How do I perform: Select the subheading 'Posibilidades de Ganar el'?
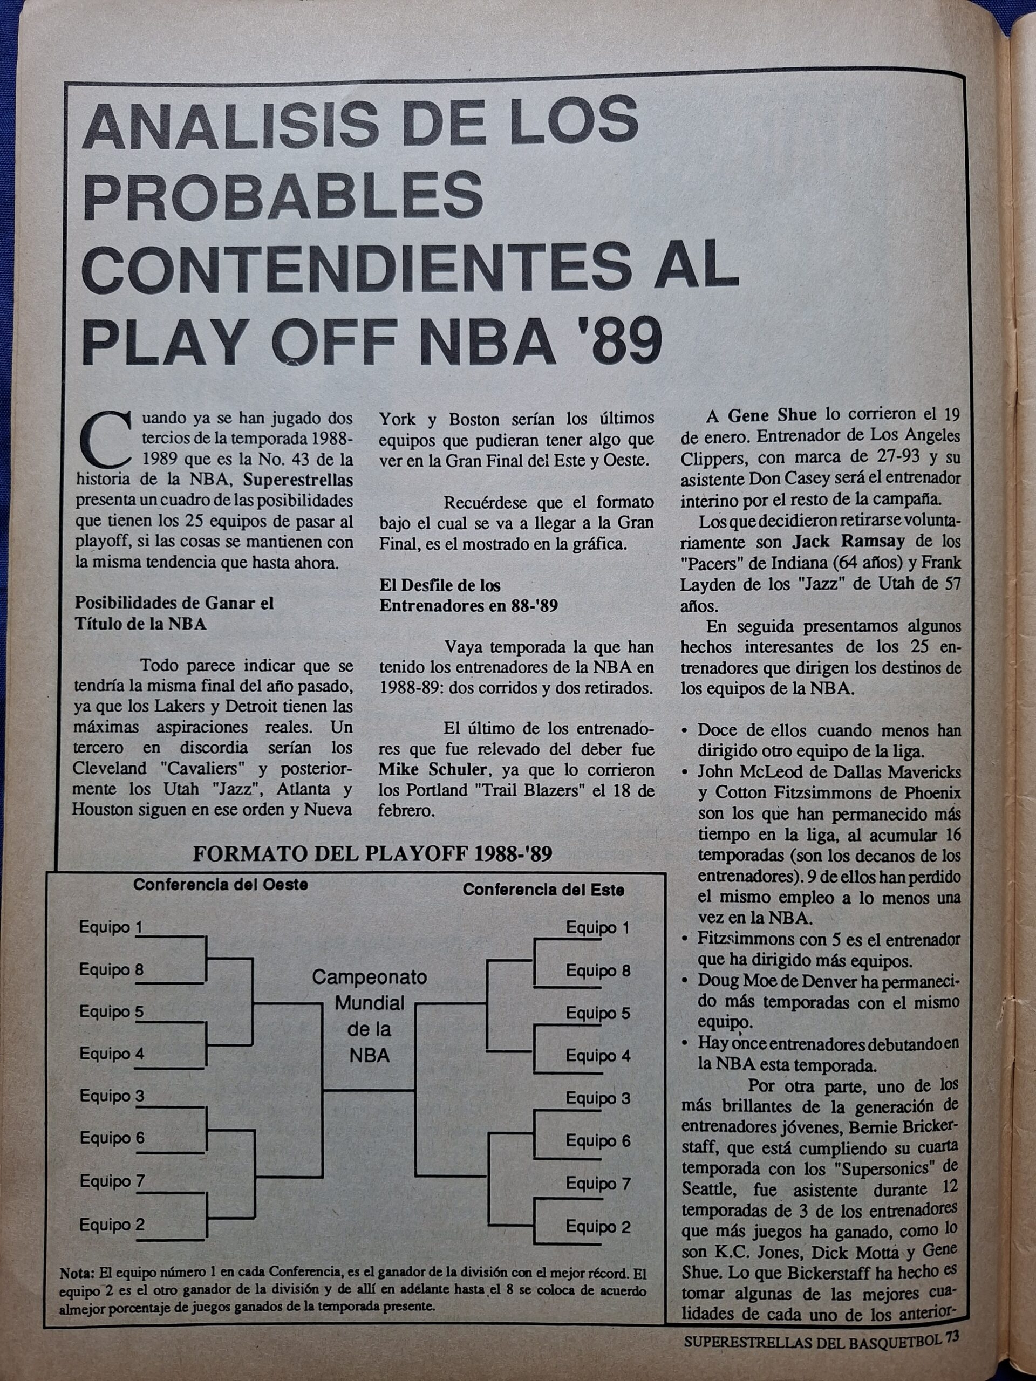(x=174, y=603)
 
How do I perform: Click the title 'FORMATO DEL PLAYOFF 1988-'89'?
(x=372, y=853)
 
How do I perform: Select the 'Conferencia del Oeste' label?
(x=221, y=885)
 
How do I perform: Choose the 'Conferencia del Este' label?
(x=543, y=890)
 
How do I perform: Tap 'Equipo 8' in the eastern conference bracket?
(x=598, y=971)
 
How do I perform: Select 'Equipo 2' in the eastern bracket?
(x=598, y=1227)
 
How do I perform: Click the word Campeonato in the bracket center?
(x=369, y=977)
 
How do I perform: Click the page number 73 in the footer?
(x=952, y=1350)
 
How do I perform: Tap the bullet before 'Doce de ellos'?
(x=686, y=730)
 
